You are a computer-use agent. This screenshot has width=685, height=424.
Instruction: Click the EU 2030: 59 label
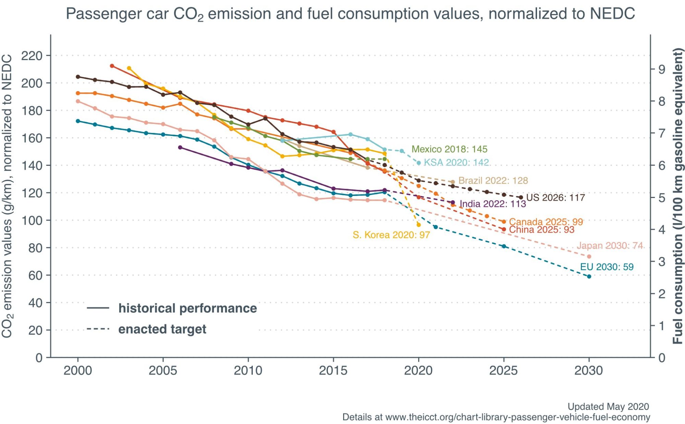pyautogui.click(x=607, y=267)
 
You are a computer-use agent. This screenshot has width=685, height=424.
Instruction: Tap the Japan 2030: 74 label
pyautogui.click(x=610, y=246)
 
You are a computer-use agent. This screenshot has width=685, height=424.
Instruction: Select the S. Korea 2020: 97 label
pyautogui.click(x=391, y=235)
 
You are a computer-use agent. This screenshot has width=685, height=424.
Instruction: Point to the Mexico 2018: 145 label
pyautogui.click(x=449, y=149)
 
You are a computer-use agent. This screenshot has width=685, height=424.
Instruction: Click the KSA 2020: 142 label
pyautogui.click(x=456, y=162)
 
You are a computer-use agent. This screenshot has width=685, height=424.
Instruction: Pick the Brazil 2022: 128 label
pyautogui.click(x=493, y=180)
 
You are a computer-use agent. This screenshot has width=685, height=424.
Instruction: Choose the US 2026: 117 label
pyautogui.click(x=555, y=198)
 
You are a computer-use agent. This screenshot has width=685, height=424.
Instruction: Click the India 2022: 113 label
pyautogui.click(x=493, y=204)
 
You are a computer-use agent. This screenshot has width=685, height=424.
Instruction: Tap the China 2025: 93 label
pyautogui.click(x=541, y=230)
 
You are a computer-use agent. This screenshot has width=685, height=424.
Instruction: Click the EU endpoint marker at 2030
pyautogui.click(x=589, y=276)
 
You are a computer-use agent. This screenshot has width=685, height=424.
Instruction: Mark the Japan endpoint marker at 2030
pyautogui.click(x=589, y=257)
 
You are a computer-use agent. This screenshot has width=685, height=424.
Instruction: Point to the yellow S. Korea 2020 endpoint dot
pyautogui.click(x=419, y=225)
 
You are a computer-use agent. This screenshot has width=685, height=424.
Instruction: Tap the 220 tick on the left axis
pyautogui.click(x=32, y=55)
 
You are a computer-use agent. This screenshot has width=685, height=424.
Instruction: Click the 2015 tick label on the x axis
pyautogui.click(x=333, y=371)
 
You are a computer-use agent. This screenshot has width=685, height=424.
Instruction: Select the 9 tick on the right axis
pyautogui.click(x=662, y=70)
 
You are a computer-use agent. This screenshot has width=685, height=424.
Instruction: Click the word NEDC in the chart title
pyautogui.click(x=612, y=14)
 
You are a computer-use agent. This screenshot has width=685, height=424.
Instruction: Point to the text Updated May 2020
pyautogui.click(x=608, y=407)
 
